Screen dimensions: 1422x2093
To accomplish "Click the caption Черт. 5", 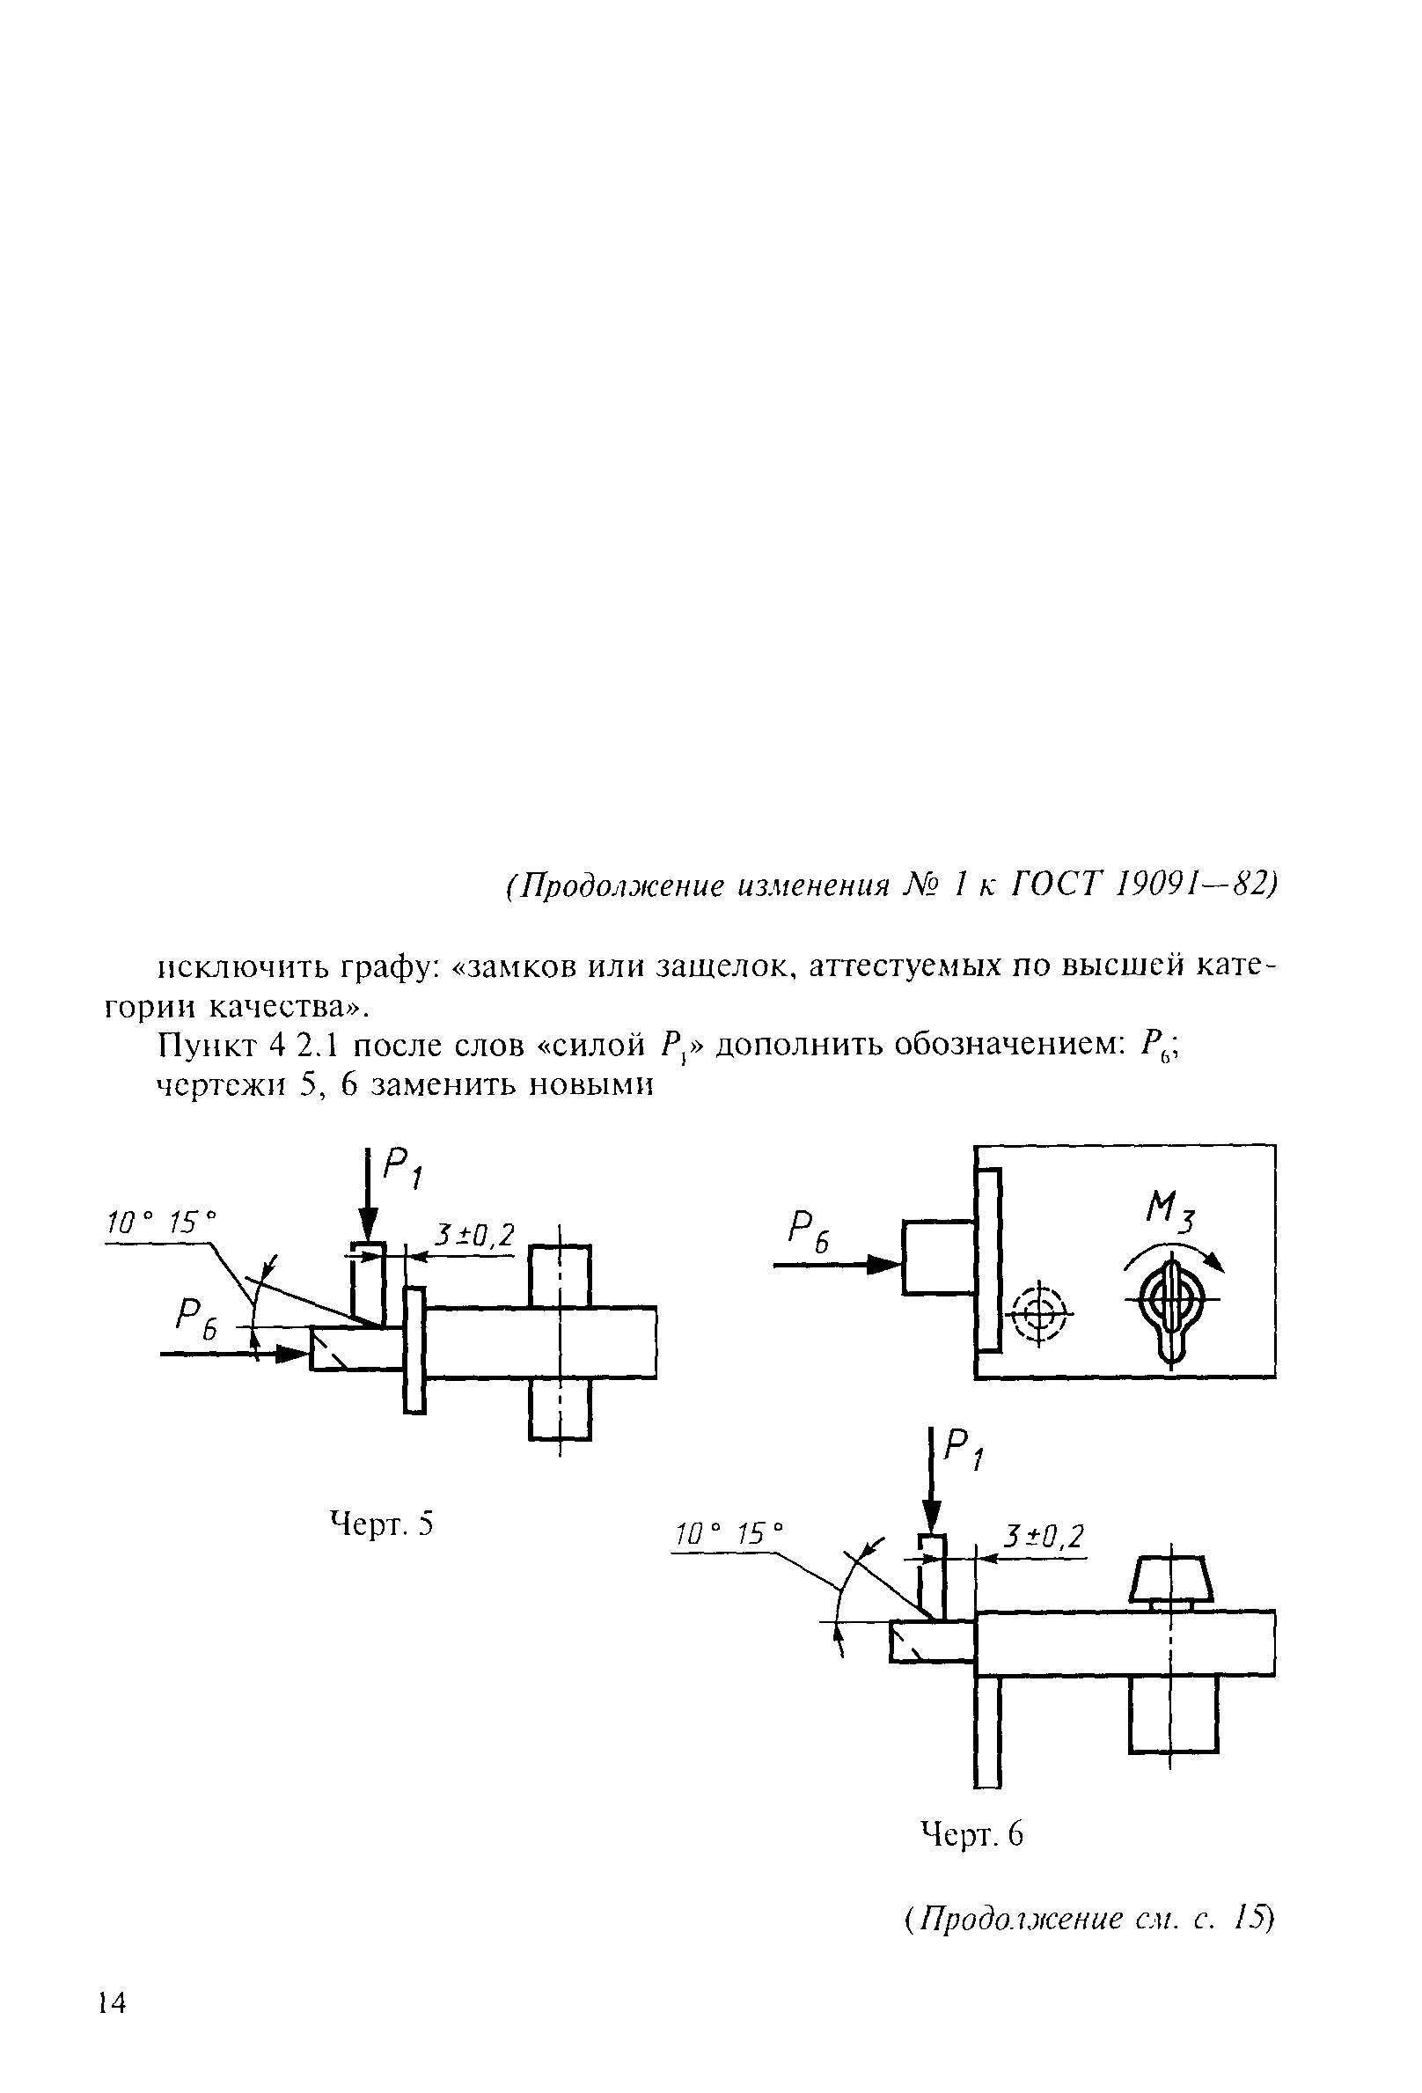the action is click(383, 1524).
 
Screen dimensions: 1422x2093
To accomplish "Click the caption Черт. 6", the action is click(971, 1833).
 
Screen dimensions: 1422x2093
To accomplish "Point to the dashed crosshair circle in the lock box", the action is click(1040, 1311).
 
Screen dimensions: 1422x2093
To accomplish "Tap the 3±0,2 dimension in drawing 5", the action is click(473, 1235).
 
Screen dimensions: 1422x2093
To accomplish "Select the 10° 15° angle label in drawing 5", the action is click(162, 1223).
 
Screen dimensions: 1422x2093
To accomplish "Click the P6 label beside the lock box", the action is click(809, 1228).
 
